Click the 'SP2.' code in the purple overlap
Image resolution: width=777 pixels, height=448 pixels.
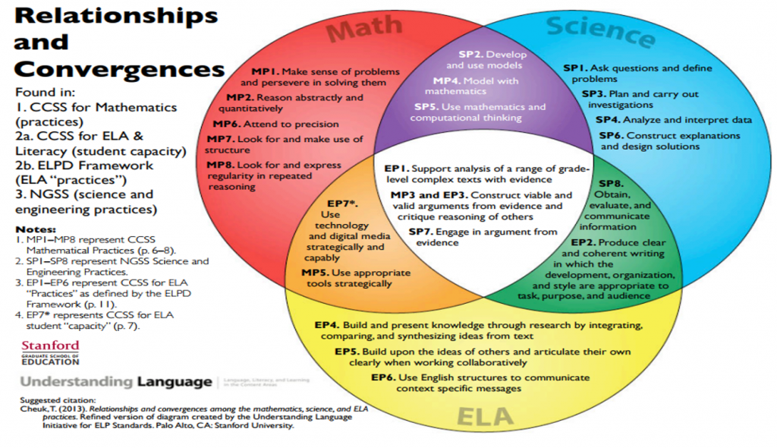coord(471,55)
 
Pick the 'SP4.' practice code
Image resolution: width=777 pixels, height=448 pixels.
coord(610,120)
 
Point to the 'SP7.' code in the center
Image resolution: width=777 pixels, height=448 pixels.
coord(422,232)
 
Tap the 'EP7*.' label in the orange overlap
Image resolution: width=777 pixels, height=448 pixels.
coord(342,204)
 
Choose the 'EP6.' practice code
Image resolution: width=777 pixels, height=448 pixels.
coord(384,377)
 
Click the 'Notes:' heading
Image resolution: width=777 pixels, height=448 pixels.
coord(35,229)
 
